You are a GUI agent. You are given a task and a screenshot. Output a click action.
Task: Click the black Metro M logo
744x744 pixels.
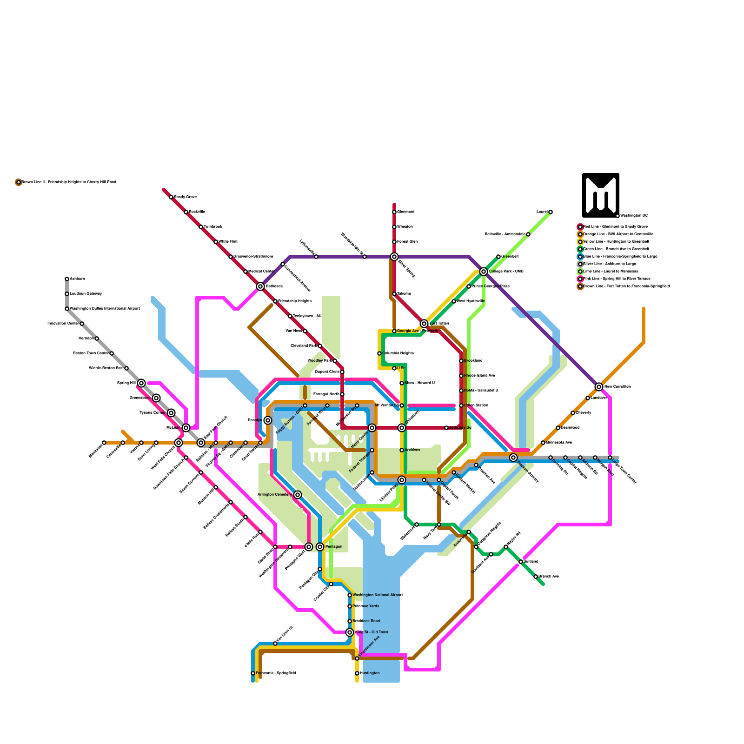[x=600, y=195]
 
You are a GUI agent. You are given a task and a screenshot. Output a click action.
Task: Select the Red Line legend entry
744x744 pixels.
[x=609, y=226]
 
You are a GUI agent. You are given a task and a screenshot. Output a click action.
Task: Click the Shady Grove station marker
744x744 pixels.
[x=171, y=197]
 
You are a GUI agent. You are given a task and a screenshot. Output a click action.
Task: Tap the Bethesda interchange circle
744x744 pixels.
[x=260, y=286]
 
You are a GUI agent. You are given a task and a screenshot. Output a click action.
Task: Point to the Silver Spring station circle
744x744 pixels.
[x=394, y=257]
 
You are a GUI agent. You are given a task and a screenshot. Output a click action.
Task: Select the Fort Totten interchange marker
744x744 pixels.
[x=424, y=324]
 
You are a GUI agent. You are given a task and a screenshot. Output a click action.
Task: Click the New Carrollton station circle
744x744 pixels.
[x=599, y=387]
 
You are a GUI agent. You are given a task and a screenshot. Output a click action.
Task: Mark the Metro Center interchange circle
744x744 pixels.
[x=372, y=428]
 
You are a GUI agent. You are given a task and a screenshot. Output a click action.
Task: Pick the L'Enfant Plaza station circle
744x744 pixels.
[x=402, y=480]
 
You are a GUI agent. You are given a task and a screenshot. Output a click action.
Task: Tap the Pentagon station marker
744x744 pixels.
[x=320, y=547]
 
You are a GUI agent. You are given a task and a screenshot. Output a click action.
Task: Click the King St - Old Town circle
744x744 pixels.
[x=350, y=632]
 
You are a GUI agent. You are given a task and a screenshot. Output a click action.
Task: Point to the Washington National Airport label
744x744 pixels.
[x=377, y=595]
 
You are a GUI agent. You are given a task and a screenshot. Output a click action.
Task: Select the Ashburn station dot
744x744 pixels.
[x=67, y=279]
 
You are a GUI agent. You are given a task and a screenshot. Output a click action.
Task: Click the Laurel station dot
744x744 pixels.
[x=551, y=212]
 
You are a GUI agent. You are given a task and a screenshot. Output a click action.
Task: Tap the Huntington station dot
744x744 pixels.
[x=357, y=673]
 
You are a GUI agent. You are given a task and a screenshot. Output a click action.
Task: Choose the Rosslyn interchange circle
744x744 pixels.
[x=268, y=420]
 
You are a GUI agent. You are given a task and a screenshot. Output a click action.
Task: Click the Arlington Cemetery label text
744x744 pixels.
[x=274, y=494]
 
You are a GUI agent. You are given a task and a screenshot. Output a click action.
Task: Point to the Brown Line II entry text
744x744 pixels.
[x=69, y=182]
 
